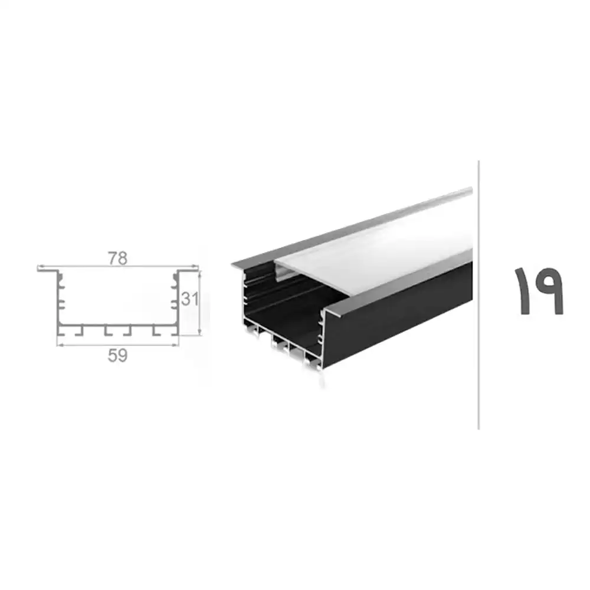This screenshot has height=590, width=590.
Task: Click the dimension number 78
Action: coord(118,258)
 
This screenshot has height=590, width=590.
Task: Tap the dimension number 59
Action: coord(118,356)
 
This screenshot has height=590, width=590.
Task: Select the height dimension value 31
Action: coord(189,299)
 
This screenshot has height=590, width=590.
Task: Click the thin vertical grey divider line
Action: coord(478,295)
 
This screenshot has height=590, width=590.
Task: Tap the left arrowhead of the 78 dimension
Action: coord(40,265)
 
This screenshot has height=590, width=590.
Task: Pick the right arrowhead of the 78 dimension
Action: coord(195,265)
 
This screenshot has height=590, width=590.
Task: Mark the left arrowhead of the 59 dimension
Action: coord(60,345)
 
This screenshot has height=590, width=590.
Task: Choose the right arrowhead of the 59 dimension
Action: coord(176,345)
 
